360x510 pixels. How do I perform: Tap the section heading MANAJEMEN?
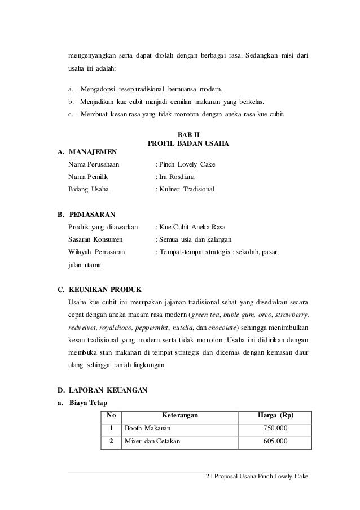pos(93,152)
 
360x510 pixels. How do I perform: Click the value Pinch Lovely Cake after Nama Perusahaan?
pos(187,165)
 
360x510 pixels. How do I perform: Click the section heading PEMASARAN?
pos(91,215)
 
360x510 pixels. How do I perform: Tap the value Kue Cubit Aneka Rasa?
pos(193,227)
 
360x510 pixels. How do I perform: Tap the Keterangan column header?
pos(179,416)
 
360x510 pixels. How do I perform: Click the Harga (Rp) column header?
pos(275,416)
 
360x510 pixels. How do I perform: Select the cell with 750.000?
pos(275,429)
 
